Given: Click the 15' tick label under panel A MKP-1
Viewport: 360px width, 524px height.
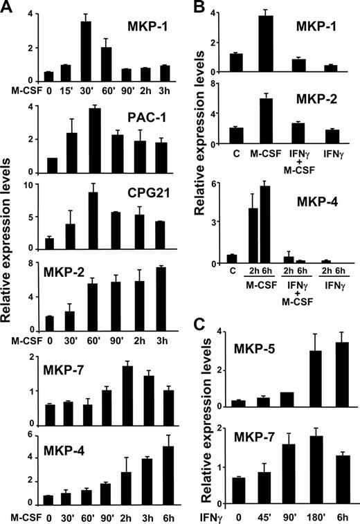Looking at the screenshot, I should click(x=66, y=89).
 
